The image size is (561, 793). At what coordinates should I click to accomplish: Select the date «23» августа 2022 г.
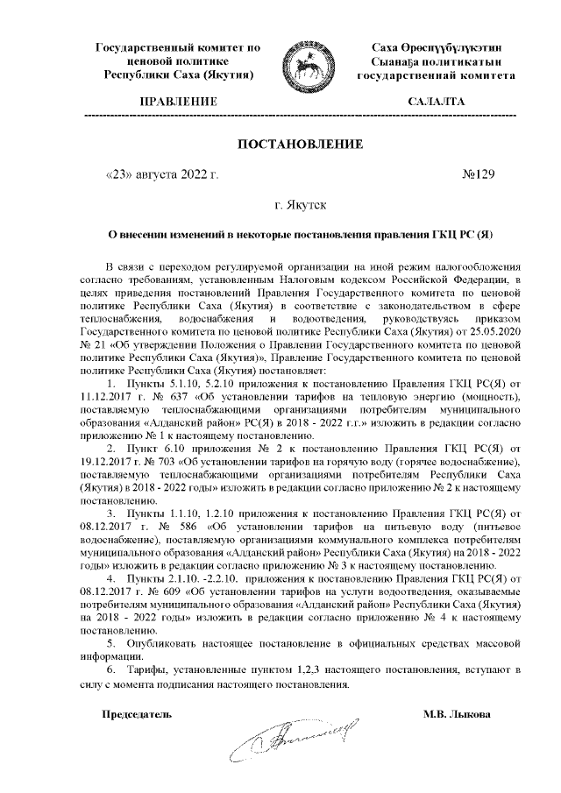coord(162,174)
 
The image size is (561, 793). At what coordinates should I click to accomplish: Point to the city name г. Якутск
coord(301,205)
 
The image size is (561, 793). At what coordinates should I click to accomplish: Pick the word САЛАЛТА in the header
coord(437,103)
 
